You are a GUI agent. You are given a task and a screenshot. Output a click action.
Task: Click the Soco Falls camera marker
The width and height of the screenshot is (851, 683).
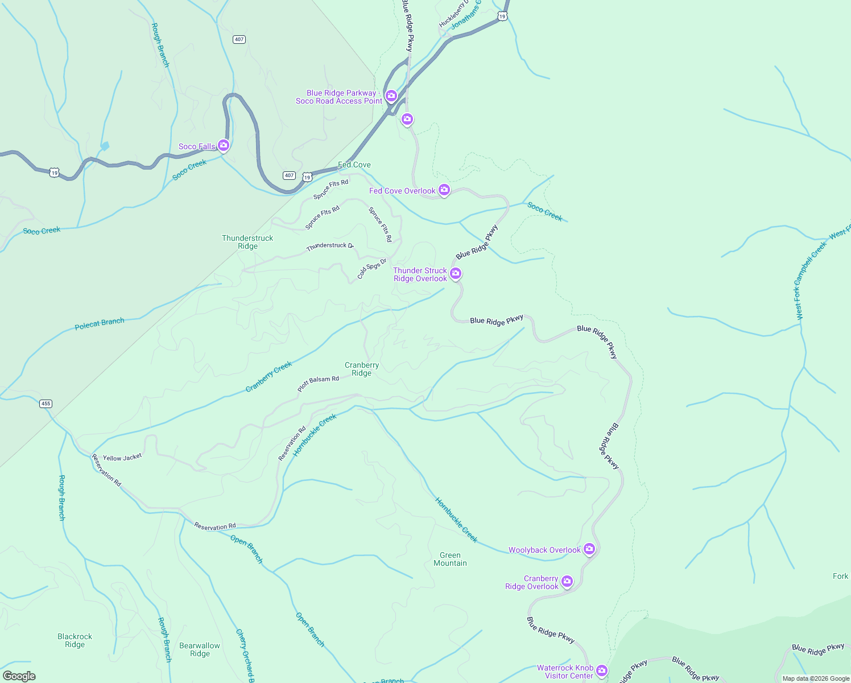coord(224,146)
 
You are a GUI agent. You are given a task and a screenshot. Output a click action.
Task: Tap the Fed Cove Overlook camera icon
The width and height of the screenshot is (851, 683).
coord(444,190)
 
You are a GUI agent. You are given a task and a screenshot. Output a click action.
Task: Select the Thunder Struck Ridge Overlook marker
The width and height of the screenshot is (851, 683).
coord(456,274)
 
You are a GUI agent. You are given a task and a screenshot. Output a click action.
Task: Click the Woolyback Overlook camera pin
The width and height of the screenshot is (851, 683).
coord(589,549)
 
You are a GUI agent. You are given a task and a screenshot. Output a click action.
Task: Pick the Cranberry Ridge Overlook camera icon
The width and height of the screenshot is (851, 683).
coord(567,581)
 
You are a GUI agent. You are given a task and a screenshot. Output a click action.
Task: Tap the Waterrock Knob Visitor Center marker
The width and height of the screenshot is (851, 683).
coord(602,671)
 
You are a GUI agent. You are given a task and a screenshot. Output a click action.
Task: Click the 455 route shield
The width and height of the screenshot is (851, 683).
coord(46,404)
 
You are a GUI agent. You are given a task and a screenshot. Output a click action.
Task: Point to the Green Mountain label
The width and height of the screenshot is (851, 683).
coord(450,559)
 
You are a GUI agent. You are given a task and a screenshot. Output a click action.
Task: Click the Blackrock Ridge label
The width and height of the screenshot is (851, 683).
coord(75,640)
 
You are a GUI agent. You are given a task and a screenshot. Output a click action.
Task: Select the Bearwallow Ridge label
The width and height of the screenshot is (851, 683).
coord(200,649)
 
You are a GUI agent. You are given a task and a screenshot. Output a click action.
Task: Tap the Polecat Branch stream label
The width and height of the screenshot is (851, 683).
coord(100,324)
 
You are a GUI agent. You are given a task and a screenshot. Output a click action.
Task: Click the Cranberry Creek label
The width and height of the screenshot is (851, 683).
coord(268,376)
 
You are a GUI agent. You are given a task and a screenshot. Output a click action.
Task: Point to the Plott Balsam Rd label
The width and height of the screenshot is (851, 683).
coord(318,383)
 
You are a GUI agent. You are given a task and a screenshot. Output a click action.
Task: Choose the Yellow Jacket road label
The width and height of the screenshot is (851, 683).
coord(122,457)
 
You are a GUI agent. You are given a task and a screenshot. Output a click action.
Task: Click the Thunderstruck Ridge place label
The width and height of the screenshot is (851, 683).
coord(247,242)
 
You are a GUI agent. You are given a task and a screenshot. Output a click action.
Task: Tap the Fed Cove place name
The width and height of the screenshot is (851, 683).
coord(354,164)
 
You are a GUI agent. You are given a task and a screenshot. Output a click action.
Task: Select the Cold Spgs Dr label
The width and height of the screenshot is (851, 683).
coord(371,269)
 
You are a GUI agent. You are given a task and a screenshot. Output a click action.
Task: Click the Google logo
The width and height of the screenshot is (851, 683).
coord(19,676)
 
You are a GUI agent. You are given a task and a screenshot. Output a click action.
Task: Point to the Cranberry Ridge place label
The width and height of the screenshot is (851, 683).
coord(362,369)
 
